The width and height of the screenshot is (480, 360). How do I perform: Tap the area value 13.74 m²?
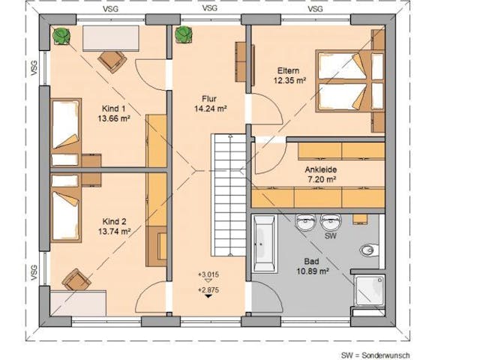tap(109, 232)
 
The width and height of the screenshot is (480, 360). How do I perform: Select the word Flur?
tap(208, 98)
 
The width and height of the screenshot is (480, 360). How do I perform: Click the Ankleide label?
tap(319, 169)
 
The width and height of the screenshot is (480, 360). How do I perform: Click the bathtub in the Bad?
tap(264, 244)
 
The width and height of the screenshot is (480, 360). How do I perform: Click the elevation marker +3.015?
tap(208, 274)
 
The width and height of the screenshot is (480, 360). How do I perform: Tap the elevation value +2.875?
tap(208, 289)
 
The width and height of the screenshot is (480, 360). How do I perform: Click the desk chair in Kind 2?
tap(76, 279)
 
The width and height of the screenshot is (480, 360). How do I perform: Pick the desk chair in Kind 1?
tap(112, 60)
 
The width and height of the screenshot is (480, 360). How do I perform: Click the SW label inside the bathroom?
tap(329, 235)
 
